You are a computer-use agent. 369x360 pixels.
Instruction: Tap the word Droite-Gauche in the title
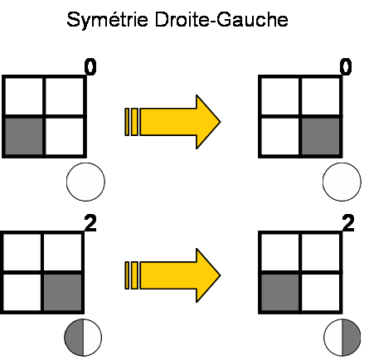click(x=221, y=20)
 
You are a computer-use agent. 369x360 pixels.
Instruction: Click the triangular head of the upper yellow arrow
click(x=208, y=122)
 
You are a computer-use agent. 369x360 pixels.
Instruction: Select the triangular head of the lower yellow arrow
click(x=208, y=275)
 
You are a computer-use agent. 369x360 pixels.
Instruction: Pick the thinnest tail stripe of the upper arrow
click(x=127, y=122)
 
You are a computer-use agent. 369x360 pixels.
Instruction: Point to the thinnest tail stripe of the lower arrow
click(x=127, y=275)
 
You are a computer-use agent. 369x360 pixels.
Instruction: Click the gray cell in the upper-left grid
click(x=24, y=137)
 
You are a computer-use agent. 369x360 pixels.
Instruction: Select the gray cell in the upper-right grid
click(x=321, y=137)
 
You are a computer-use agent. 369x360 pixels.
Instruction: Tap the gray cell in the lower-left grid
click(x=63, y=293)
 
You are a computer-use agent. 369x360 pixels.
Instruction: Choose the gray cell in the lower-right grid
click(x=280, y=293)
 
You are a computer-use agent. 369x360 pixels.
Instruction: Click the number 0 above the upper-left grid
click(x=90, y=67)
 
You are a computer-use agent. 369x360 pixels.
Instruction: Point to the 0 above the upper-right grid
click(x=346, y=67)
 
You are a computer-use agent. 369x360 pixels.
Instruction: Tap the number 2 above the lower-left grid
click(x=90, y=223)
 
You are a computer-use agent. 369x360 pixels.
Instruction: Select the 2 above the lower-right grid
click(x=348, y=223)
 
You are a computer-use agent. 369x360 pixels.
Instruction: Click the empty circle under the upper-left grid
click(x=85, y=182)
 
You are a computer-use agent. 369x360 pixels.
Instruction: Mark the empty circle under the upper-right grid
click(x=342, y=182)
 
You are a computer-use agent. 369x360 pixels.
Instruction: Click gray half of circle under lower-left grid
click(x=74, y=338)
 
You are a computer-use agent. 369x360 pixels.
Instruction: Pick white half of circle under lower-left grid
click(x=92, y=338)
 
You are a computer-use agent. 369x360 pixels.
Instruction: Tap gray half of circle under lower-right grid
click(x=352, y=338)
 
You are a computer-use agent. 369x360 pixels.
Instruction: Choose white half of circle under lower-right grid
click(x=333, y=338)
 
